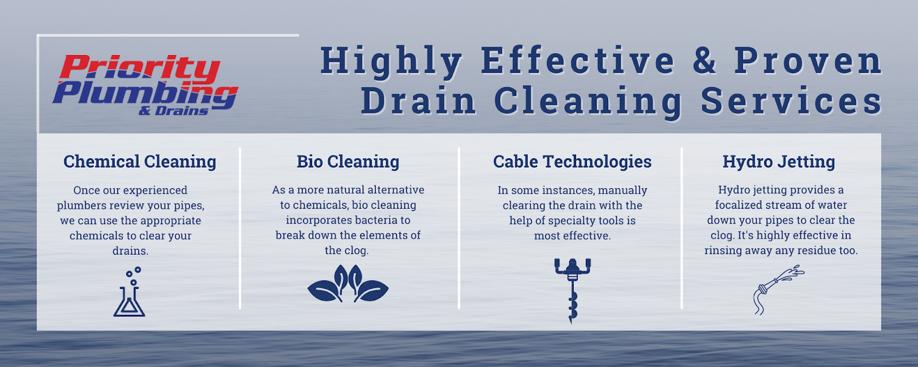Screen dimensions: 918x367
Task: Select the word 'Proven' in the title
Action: tap(808, 60)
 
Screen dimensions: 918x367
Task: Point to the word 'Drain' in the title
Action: tap(418, 100)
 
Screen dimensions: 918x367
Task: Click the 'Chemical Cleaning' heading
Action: tap(140, 161)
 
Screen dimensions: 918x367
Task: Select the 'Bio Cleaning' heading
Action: tap(348, 161)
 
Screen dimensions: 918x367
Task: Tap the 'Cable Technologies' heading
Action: tap(572, 162)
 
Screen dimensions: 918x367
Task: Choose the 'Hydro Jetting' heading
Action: tap(779, 161)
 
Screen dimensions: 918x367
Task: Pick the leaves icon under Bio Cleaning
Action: tap(348, 283)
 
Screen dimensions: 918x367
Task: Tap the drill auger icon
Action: tap(573, 291)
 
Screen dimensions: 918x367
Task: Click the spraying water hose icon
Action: tap(779, 290)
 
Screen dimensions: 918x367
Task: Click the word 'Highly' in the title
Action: tap(391, 61)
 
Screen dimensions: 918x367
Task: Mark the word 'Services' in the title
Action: tap(791, 100)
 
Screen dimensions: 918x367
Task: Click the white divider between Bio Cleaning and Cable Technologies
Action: tap(459, 228)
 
